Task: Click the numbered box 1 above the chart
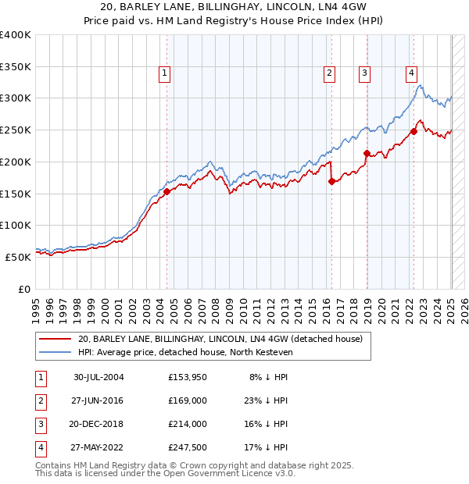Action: [166, 74]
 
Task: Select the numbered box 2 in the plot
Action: [330, 74]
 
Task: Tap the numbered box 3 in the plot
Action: [365, 74]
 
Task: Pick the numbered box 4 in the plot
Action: [411, 74]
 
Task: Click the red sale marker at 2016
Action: [331, 181]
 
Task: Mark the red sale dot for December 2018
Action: [367, 153]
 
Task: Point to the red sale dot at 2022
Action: [414, 132]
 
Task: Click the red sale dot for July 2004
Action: [166, 191]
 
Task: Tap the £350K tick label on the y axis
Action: [16, 67]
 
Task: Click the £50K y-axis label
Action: [18, 256]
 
